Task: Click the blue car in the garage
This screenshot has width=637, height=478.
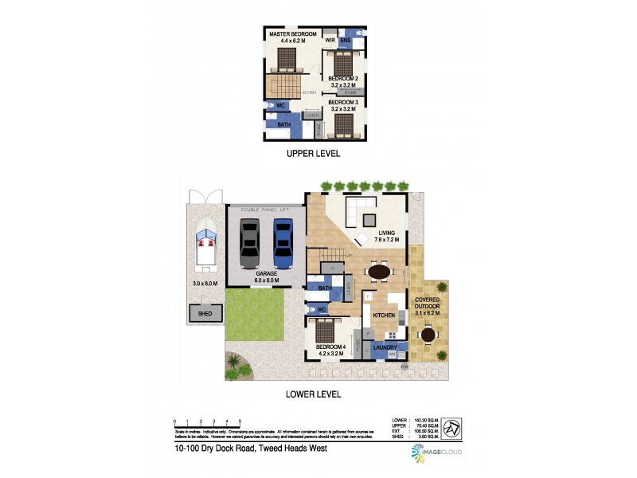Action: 284,243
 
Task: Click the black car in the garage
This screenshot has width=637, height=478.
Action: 249,243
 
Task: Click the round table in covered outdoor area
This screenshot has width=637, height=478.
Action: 429,335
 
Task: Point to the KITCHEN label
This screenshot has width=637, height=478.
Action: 384,315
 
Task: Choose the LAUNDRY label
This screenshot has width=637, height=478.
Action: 385,347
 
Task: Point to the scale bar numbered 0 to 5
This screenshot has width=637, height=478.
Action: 207,424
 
